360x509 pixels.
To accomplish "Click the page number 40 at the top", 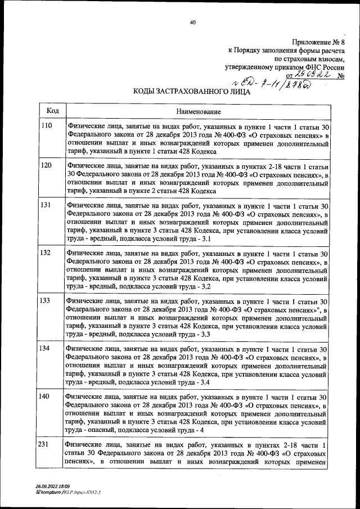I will click(x=192, y=22).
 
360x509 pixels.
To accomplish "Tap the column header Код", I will click(x=52, y=111).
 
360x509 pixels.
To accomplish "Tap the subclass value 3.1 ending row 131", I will click(x=205, y=239).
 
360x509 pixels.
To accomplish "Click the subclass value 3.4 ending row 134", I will click(x=205, y=383).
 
